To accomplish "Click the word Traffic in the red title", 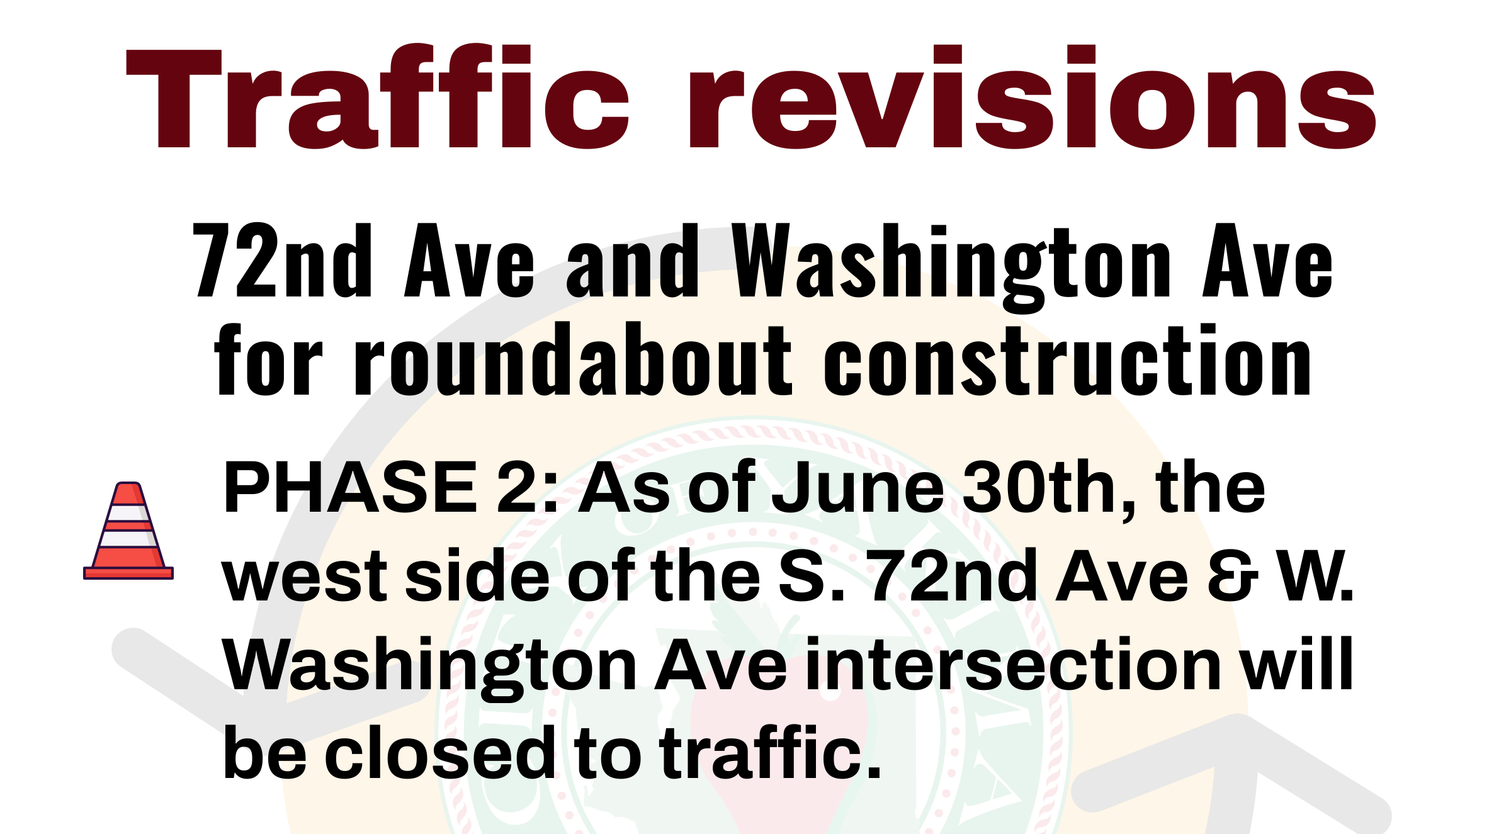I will coord(378,98).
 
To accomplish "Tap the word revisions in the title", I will coord(1033,98).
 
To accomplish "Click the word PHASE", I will coord(350,488).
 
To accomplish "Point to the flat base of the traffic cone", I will coord(128,573).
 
